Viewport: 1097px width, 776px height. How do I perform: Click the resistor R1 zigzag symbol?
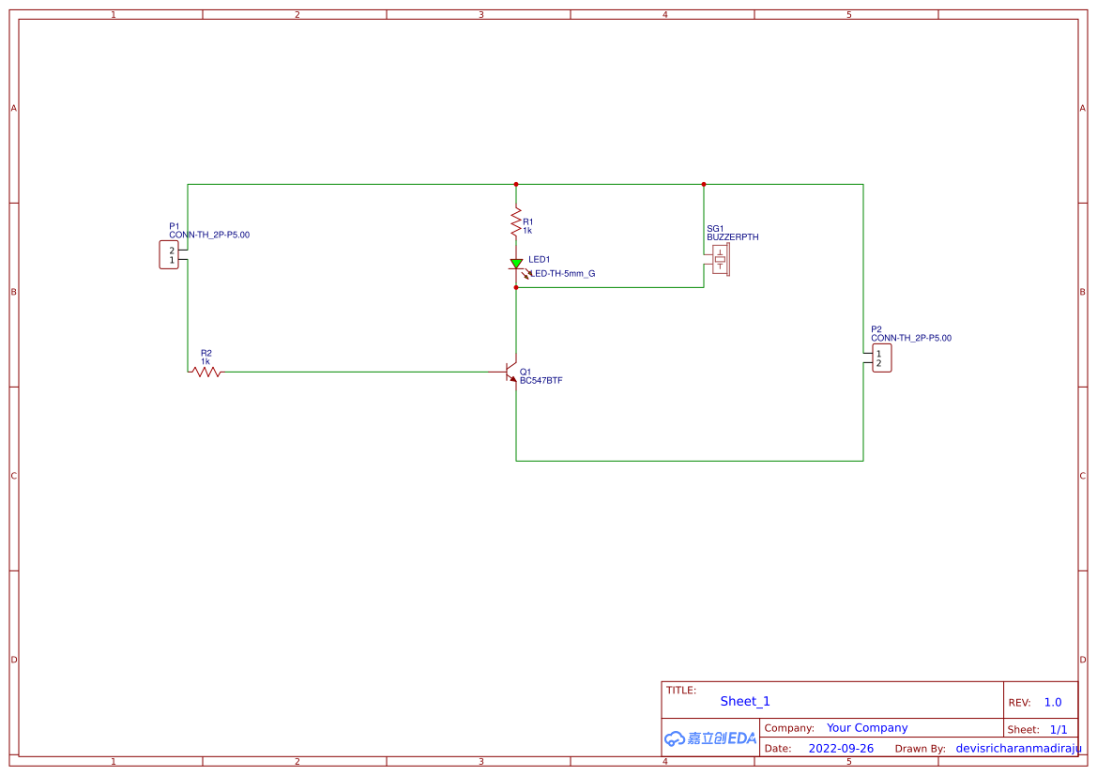(515, 223)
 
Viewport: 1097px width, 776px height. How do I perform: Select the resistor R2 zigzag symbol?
(206, 372)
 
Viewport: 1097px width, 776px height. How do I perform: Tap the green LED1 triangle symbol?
(516, 264)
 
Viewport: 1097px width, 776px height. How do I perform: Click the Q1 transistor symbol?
(511, 372)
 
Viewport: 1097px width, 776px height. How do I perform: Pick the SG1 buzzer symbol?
(720, 260)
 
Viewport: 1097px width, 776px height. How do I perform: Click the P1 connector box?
(169, 254)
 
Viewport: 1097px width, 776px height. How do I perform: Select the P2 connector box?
(881, 358)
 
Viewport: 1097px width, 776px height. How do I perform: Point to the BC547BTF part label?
(541, 381)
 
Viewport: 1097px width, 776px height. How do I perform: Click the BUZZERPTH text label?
(733, 237)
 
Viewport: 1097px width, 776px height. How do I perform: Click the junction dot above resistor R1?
(516, 185)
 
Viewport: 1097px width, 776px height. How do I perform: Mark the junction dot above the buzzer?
(704, 185)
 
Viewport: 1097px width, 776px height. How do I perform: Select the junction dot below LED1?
(516, 287)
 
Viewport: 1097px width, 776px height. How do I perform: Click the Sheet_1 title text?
(745, 701)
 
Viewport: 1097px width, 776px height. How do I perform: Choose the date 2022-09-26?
(841, 749)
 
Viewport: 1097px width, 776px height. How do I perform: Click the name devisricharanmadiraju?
(1018, 749)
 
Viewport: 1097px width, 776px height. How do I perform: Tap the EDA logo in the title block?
(710, 738)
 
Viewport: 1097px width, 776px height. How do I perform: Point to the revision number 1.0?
(1053, 702)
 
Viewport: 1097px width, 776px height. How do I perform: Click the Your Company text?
(867, 727)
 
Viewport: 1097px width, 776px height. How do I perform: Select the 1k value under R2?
(206, 361)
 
